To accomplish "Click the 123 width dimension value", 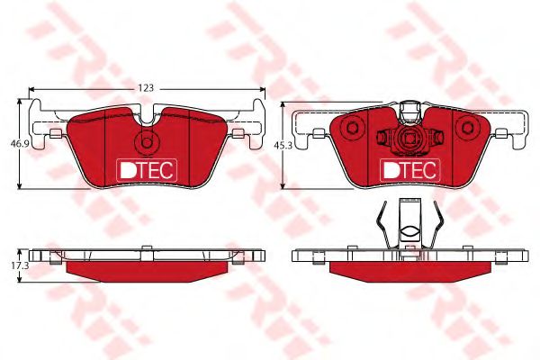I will [x=147, y=88].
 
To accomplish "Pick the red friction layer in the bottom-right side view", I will [x=409, y=267].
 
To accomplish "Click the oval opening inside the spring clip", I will [x=409, y=232].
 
